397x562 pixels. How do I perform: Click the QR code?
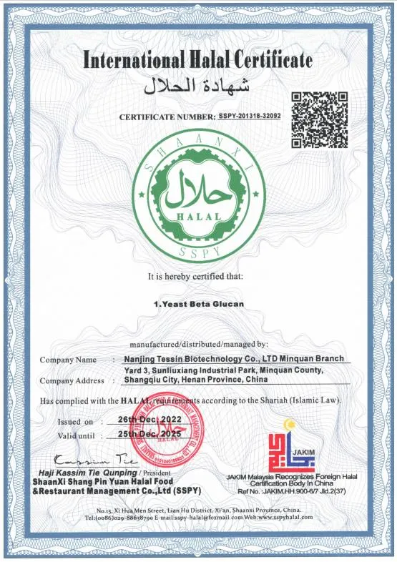point(319,119)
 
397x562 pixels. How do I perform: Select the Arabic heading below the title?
point(198,87)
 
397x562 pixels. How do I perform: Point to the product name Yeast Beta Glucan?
point(199,303)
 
